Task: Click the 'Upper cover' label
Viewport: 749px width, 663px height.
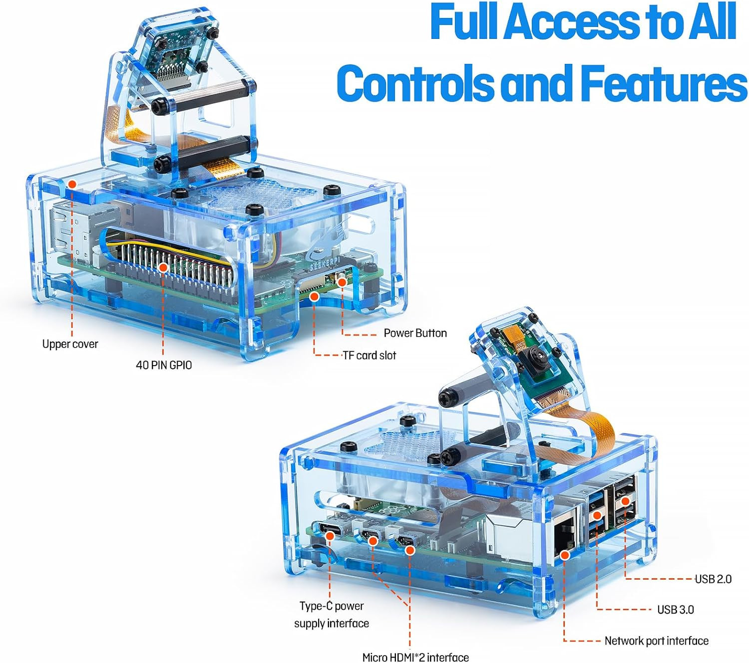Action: click(70, 344)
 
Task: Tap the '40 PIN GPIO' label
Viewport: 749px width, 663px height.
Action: click(164, 365)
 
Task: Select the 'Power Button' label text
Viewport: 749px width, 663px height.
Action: click(415, 333)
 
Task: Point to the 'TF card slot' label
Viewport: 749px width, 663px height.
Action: click(370, 356)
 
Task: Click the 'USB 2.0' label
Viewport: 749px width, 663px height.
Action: click(713, 579)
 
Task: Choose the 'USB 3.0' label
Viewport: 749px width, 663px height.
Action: click(675, 610)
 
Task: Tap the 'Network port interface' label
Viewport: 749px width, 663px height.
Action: click(656, 641)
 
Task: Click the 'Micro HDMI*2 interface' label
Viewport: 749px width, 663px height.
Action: click(415, 657)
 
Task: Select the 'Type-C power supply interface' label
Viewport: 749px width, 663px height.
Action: click(332, 615)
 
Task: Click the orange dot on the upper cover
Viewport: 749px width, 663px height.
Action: click(72, 184)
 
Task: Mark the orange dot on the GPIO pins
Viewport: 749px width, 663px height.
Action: click(163, 267)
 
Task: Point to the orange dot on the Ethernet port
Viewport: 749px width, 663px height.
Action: click(565, 554)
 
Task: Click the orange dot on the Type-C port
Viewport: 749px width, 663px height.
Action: click(330, 536)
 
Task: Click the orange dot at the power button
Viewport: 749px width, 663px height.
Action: click(342, 282)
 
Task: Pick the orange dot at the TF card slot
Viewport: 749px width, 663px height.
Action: click(314, 297)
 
